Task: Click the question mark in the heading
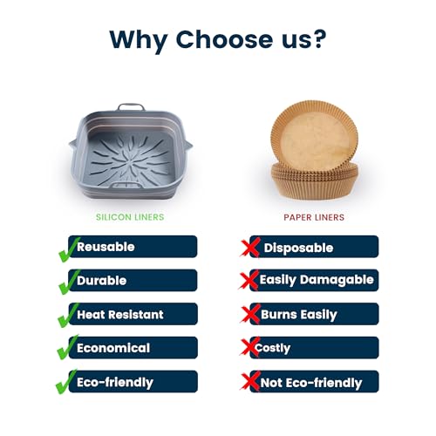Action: pos(317,39)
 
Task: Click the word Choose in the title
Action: pos(224,39)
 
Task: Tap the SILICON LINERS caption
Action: pos(130,217)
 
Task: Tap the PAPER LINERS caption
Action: pos(314,217)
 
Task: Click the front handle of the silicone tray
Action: pos(126,184)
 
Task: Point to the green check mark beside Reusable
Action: pos(69,249)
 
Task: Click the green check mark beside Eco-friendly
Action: pos(67,382)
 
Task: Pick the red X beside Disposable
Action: pos(250,248)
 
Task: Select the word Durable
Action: pos(102,281)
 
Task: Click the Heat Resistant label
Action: pos(120,315)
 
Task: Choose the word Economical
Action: pos(113,348)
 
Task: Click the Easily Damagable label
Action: pos(317,280)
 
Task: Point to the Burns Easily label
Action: pos(299,315)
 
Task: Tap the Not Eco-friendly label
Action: pos(311,383)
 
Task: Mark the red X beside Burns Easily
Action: pos(250,314)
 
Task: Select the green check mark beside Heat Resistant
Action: pos(68,316)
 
